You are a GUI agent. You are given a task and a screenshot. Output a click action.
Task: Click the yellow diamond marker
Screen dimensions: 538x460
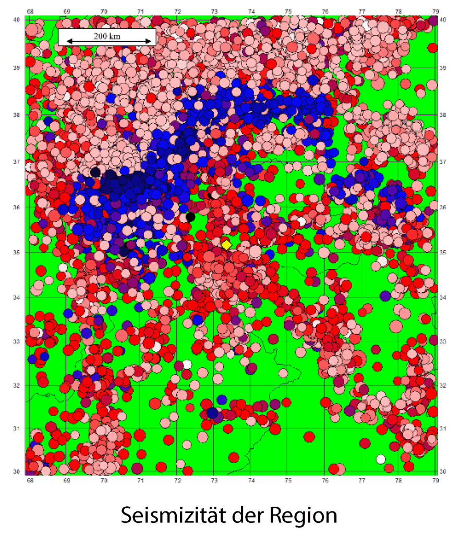[226, 244]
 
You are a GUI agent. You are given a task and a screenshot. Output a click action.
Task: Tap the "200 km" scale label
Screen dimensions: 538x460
[107, 35]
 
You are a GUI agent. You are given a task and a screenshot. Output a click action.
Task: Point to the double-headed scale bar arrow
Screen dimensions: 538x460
[107, 42]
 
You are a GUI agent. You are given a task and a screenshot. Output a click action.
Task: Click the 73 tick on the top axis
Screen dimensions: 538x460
[214, 11]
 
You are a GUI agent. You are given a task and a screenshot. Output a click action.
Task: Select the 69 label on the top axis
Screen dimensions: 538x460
[67, 11]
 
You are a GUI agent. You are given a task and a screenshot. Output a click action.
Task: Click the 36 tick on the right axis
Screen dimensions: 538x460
[443, 207]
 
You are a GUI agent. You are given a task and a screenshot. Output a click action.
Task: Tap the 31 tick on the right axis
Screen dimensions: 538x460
[443, 429]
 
